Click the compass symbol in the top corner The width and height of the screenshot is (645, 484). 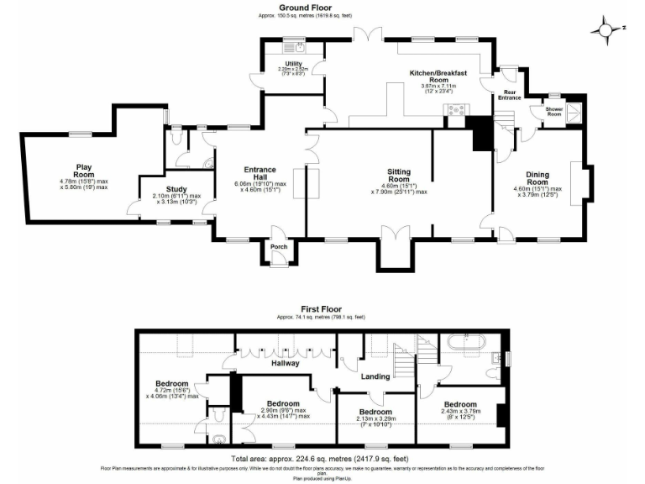603,29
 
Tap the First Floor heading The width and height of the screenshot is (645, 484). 320,309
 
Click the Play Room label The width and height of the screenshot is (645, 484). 83,171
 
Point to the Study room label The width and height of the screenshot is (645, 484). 176,189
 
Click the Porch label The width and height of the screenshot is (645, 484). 278,246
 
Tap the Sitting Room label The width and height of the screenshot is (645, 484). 398,176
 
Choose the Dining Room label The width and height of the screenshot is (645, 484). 537,179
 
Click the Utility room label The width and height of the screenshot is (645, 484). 293,63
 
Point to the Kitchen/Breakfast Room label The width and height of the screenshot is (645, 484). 437,77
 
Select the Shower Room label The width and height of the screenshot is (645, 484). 553,110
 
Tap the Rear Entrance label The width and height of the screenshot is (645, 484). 509,94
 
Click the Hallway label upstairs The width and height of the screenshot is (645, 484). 285,364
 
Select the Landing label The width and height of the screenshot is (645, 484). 375,376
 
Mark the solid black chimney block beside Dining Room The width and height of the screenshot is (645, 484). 482,134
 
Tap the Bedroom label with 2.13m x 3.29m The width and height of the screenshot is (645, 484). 375,413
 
